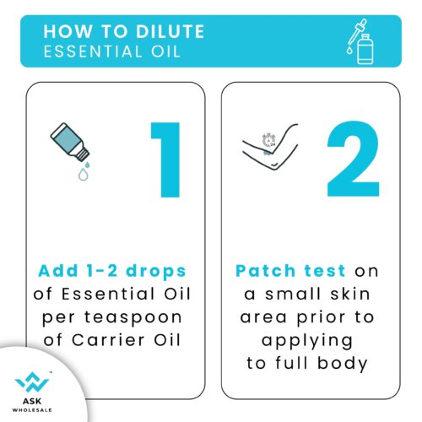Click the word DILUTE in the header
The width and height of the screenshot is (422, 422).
pyautogui.click(x=170, y=31)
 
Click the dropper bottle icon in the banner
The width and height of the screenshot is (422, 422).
pyautogui.click(x=360, y=41)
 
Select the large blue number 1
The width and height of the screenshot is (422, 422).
pyautogui.click(x=166, y=160)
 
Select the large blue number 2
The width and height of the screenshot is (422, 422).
pyautogui.click(x=354, y=159)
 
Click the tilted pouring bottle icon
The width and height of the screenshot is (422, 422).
pyautogui.click(x=70, y=142)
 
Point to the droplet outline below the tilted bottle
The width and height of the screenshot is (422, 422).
pyautogui.click(x=84, y=174)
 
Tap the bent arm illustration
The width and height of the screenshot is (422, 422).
pyautogui.click(x=270, y=147)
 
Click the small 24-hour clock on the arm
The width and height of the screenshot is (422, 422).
pyautogui.click(x=269, y=140)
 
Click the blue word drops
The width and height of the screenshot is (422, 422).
pyautogui.click(x=156, y=272)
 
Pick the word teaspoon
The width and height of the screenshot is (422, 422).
pyautogui.click(x=133, y=318)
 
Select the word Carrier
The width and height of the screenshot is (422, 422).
pyautogui.click(x=108, y=340)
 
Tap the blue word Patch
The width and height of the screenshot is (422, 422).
pyautogui.click(x=266, y=271)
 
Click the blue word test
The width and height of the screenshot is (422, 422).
pyautogui.click(x=325, y=271)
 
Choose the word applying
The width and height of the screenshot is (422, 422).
pyautogui.click(x=307, y=342)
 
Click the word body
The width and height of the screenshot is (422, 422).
pyautogui.click(x=343, y=364)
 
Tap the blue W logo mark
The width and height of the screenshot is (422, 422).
pyautogui.click(x=32, y=381)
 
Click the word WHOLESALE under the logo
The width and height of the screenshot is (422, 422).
pyautogui.click(x=32, y=410)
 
